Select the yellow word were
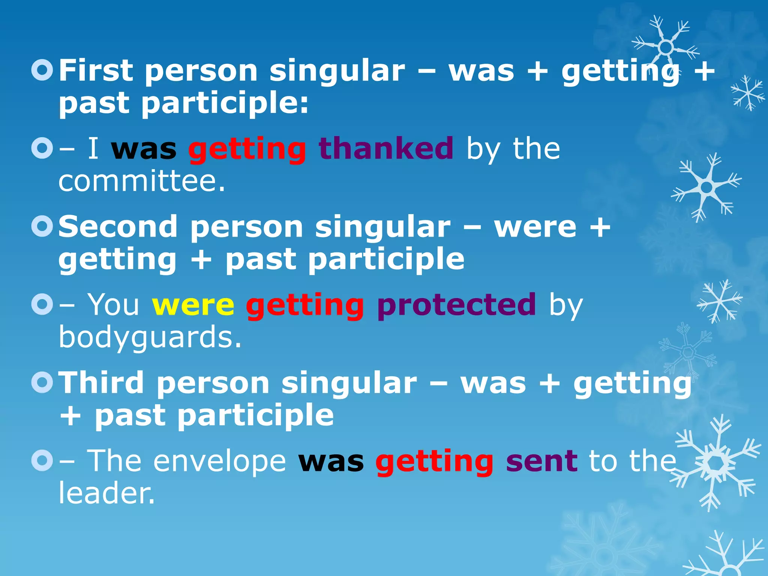[193, 305]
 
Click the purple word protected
[457, 305]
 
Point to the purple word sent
[541, 461]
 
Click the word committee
[142, 181]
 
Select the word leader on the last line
[106, 493]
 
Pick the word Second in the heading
[118, 227]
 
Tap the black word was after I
[144, 149]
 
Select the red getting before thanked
[247, 149]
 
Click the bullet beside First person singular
[42, 70]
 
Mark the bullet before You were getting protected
[42, 304]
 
